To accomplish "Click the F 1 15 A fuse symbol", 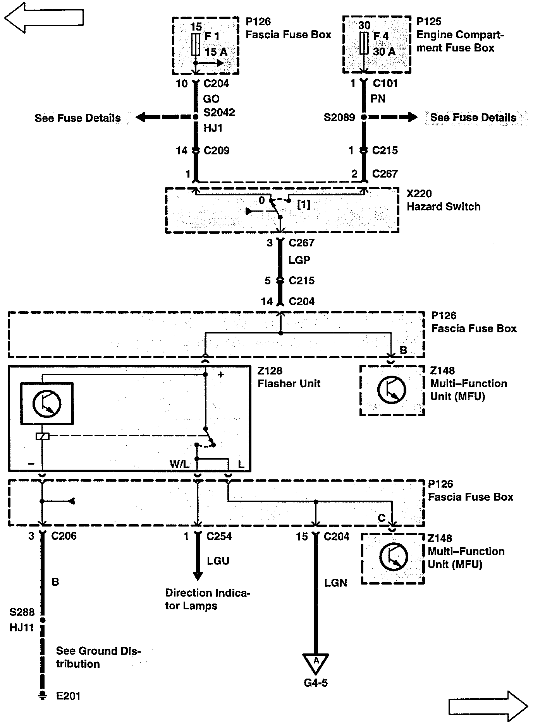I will click(196, 44).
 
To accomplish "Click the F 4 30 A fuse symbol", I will click(364, 43).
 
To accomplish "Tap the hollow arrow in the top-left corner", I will click(43, 17).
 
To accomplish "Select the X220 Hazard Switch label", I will click(443, 200).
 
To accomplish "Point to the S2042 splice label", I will click(219, 113).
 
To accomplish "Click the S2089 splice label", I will click(339, 117).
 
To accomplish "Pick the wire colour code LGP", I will click(299, 260).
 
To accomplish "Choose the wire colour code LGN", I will click(335, 583).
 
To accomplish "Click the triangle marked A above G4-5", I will click(316, 663).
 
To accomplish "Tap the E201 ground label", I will click(68, 696).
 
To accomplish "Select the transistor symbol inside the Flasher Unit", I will click(46, 404).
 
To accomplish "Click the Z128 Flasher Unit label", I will click(289, 377).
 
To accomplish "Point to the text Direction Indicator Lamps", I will click(208, 599).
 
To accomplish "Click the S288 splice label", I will click(22, 612).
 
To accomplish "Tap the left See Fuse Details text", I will click(77, 118).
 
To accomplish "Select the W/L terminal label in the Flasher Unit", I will click(179, 464).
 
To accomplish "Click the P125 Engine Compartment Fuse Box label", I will click(460, 35).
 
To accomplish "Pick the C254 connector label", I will click(219, 536).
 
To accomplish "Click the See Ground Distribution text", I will click(98, 657).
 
